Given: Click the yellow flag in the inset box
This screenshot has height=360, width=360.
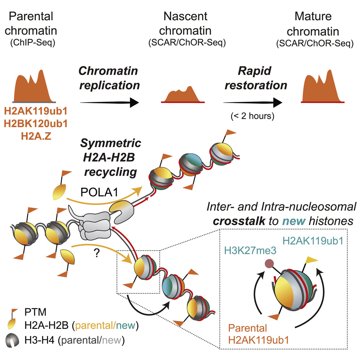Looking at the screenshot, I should pyautogui.click(x=310, y=259).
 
